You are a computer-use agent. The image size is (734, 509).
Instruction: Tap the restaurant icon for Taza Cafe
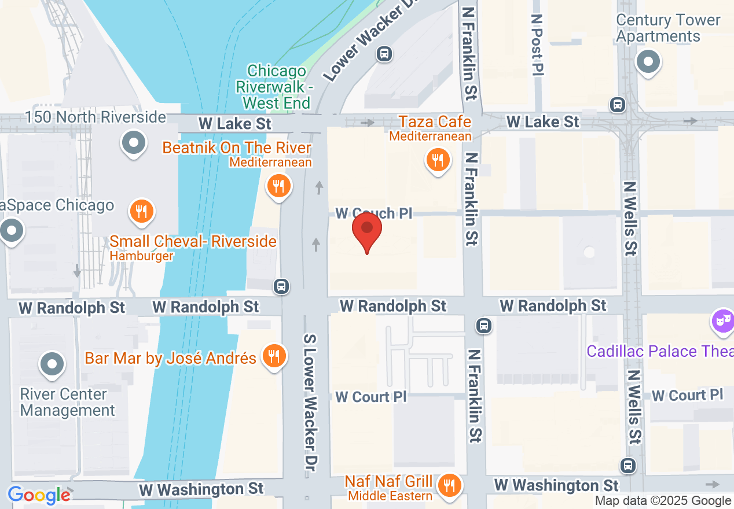click(438, 159)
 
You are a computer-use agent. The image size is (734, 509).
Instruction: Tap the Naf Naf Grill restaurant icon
click(450, 484)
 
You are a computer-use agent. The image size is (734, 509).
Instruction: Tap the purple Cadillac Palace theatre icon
click(723, 320)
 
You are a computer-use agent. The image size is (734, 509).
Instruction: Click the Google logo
click(39, 495)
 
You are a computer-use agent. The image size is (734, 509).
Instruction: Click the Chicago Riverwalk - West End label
click(277, 87)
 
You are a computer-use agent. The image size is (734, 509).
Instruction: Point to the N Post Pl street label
click(538, 44)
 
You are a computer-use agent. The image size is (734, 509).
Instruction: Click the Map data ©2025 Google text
click(663, 501)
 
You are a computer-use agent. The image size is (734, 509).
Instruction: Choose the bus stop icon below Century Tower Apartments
click(618, 105)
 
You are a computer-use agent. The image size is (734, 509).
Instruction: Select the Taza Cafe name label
click(435, 122)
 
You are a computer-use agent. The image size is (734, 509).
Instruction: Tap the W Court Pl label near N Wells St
click(687, 395)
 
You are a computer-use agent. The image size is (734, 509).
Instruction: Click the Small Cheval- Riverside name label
click(193, 241)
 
